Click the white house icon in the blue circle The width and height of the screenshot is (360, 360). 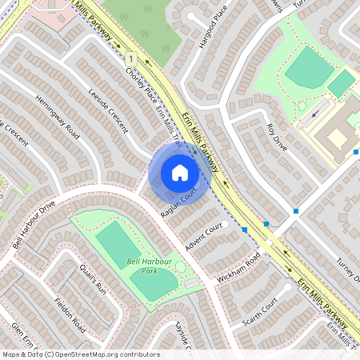pyautogui.click(x=180, y=172)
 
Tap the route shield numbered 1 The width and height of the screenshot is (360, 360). pyautogui.click(x=129, y=59)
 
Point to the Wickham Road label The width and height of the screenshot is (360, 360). pyautogui.click(x=238, y=270)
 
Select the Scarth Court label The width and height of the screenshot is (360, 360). pyautogui.click(x=261, y=312)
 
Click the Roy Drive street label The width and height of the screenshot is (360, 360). pyautogui.click(x=276, y=135)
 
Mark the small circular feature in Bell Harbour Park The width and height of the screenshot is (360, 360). pyautogui.click(x=181, y=266)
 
